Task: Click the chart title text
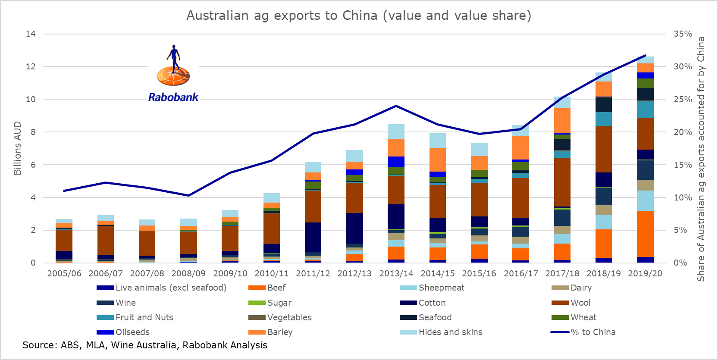[359, 16]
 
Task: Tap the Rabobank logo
[173, 73]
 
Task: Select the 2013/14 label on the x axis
[396, 273]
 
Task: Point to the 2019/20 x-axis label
[645, 273]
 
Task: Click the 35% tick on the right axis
[683, 34]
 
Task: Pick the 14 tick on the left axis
[31, 34]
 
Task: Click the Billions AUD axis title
[17, 148]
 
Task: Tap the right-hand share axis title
[701, 159]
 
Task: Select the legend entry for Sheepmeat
[441, 288]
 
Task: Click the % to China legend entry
[593, 332]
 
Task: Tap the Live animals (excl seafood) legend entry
[171, 288]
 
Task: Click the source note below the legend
[145, 345]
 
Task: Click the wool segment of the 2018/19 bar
[604, 149]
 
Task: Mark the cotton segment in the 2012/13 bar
[354, 228]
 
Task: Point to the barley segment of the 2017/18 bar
[562, 121]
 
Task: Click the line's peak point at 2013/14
[396, 106]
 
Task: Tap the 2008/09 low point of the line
[188, 195]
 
